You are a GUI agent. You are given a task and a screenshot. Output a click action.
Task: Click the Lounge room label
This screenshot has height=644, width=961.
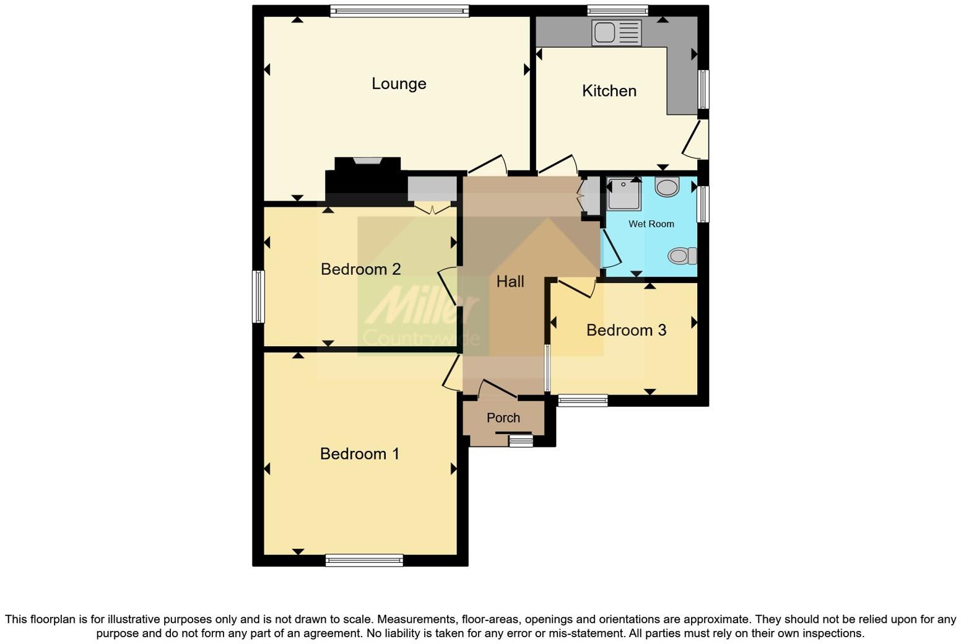pyautogui.click(x=399, y=84)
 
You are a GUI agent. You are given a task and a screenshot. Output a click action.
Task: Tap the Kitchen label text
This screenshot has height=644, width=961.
pyautogui.click(x=609, y=91)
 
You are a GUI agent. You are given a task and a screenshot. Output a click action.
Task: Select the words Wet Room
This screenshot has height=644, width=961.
pyautogui.click(x=651, y=224)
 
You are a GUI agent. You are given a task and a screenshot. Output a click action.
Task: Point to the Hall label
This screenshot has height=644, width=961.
pyautogui.click(x=510, y=282)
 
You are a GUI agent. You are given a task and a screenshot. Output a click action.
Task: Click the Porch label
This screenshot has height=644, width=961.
pyautogui.click(x=503, y=418)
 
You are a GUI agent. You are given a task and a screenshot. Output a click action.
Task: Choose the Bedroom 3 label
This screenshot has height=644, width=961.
pyautogui.click(x=626, y=330)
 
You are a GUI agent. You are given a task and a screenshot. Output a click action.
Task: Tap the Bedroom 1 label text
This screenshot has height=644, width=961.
pyautogui.click(x=359, y=454)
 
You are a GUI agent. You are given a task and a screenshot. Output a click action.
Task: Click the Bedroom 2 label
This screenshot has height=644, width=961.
pyautogui.click(x=360, y=269)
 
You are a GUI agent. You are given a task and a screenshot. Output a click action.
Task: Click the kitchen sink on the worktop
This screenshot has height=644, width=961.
pyautogui.click(x=617, y=32)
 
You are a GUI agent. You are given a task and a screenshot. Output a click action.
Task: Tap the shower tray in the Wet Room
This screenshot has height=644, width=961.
pyautogui.click(x=624, y=194)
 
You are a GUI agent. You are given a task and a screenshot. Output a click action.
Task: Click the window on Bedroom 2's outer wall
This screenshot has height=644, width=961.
pyautogui.click(x=258, y=296)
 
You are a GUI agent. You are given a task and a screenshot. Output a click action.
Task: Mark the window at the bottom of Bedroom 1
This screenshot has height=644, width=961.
pyautogui.click(x=364, y=560)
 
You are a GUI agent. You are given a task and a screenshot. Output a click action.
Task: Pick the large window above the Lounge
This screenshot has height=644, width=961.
pyautogui.click(x=399, y=11)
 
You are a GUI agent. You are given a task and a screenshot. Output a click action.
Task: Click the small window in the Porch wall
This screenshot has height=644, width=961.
pyautogui.click(x=520, y=440)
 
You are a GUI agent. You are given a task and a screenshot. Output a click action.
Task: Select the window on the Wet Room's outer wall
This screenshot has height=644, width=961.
pyautogui.click(x=703, y=204)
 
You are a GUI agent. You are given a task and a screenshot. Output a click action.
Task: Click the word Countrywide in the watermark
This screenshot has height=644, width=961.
pyautogui.click(x=421, y=338)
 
